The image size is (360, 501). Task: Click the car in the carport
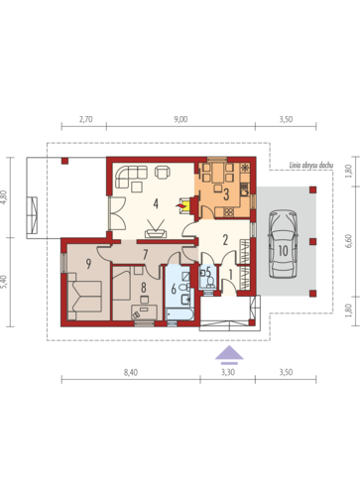pyautogui.click(x=283, y=245)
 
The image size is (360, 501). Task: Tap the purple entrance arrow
pyautogui.click(x=229, y=354)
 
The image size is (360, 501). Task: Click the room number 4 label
pyautogui.click(x=156, y=203)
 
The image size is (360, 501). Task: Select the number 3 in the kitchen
pyautogui.click(x=226, y=194)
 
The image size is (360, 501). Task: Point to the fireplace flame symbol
pyautogui.click(x=180, y=206)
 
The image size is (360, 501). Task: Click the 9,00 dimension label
pyautogui.click(x=180, y=119)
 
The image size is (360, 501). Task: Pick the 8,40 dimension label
pyautogui.click(x=131, y=372)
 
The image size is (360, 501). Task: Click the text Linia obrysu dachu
pyautogui.click(x=311, y=165)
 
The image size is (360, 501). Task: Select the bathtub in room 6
pyautogui.click(x=180, y=314)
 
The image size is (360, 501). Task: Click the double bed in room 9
pyautogui.click(x=84, y=296)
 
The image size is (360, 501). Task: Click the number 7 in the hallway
pyautogui.click(x=145, y=254)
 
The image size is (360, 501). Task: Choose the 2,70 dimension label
pyautogui.click(x=86, y=119)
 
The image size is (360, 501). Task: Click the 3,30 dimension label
pyautogui.click(x=228, y=372)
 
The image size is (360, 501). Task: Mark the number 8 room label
pyautogui.click(x=144, y=288)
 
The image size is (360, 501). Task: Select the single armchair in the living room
pyautogui.click(x=163, y=172)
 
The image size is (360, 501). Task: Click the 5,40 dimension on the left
pyautogui.click(x=4, y=282)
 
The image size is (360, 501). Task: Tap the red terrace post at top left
pyautogui.click(x=64, y=161)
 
